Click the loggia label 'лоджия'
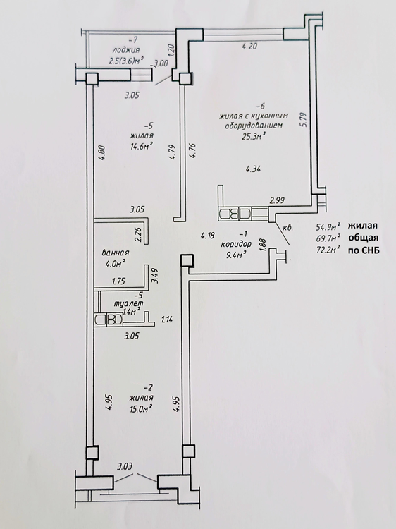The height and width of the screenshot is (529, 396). point(125,51)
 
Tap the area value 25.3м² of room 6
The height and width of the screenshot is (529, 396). point(251,135)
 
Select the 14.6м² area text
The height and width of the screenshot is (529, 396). point(142,145)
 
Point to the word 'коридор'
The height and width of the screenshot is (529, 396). point(236,243)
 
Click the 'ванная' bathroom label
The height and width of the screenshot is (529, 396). point(116,253)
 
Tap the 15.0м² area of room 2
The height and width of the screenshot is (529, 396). point(142,409)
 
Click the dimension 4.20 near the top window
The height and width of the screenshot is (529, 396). point(249,47)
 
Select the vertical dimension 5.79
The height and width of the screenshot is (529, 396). point(304,119)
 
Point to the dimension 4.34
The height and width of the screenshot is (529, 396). point(253,169)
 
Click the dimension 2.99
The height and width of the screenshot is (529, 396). point(277,200)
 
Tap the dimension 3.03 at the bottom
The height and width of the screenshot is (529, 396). point(125,467)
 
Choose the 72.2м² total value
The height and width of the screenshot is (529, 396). point(328,250)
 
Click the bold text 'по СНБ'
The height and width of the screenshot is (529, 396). point(364,250)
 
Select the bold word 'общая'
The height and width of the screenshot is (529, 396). point(364,238)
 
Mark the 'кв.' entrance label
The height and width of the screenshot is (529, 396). point(287,228)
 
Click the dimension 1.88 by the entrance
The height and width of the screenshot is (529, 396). point(264,245)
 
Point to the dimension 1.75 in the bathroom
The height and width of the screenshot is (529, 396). point(118,281)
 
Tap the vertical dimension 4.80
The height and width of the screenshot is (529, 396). point(102,154)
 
